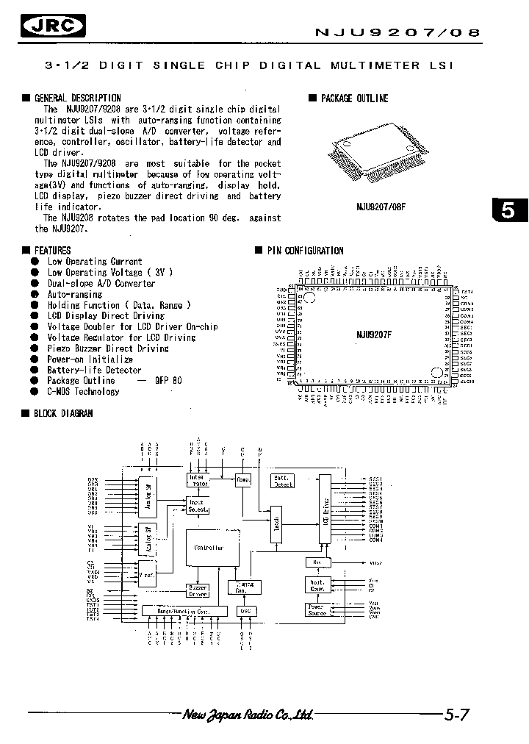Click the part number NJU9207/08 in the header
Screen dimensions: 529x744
coord(397,32)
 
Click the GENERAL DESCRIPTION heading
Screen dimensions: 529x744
coord(77,98)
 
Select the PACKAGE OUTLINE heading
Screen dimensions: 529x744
coord(354,99)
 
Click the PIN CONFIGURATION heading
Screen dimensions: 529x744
coord(305,251)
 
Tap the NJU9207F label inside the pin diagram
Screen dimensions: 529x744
coord(375,333)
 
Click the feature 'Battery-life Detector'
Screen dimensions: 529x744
coord(94,370)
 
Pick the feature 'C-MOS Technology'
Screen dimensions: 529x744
coord(83,391)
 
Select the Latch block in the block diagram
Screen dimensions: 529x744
coord(276,525)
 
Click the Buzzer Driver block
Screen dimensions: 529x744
coord(198,590)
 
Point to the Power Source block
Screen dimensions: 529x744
coord(315,609)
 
